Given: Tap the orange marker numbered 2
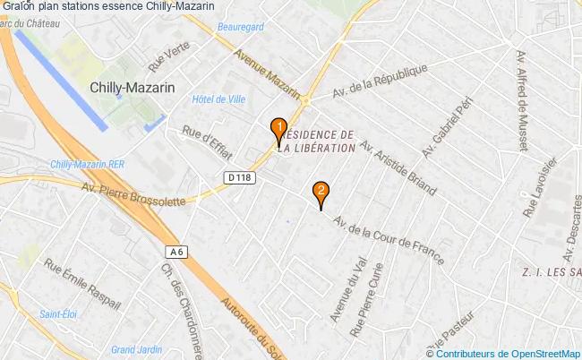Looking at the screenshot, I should tap(320, 191).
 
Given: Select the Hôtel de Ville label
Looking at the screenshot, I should tap(218, 99).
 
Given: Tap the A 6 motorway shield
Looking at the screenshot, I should tap(175, 253).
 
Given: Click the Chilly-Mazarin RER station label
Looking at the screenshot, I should tap(87, 165).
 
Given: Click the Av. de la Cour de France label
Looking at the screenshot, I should tap(388, 238).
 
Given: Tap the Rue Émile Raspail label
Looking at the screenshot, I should tap(81, 283).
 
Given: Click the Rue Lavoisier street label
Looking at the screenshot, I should tap(541, 187).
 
